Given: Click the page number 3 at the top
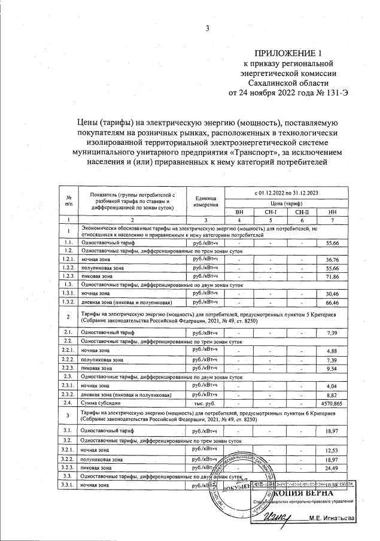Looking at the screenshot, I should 207,28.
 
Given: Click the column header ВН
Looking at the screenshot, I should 240,212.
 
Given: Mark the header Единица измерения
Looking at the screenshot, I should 205,202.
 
